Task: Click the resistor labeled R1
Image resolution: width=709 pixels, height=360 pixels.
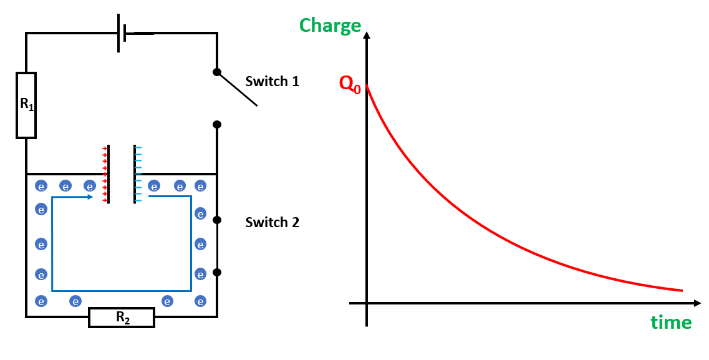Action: coord(26,105)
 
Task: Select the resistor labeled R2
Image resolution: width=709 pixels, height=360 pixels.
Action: coord(122,318)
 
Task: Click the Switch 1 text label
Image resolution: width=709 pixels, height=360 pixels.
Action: coord(272,81)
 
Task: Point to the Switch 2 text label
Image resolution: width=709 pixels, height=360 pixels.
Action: coord(272,222)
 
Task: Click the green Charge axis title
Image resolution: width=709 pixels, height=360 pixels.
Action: coord(330,26)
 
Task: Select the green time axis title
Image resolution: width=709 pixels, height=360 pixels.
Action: coord(671,323)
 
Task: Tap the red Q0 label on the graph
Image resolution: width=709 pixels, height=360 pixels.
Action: coord(350,85)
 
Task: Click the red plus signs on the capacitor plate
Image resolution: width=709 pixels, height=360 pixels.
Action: coord(105,175)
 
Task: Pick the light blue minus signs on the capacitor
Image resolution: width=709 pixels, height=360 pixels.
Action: coord(138,175)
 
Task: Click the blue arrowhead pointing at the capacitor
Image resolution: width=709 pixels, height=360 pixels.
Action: coord(90,197)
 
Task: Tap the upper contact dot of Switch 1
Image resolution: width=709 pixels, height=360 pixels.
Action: coord(217,72)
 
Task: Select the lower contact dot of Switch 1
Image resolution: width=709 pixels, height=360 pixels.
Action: coord(217,125)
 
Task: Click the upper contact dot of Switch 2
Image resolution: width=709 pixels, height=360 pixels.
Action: coord(217,220)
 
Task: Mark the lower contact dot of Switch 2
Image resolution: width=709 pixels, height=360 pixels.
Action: coord(217,272)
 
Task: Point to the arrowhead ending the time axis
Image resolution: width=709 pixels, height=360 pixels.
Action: coord(697,303)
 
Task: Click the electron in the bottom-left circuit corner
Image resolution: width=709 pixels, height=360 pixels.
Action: coord(41,301)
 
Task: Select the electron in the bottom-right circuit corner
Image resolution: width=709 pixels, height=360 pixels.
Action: coord(200,301)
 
